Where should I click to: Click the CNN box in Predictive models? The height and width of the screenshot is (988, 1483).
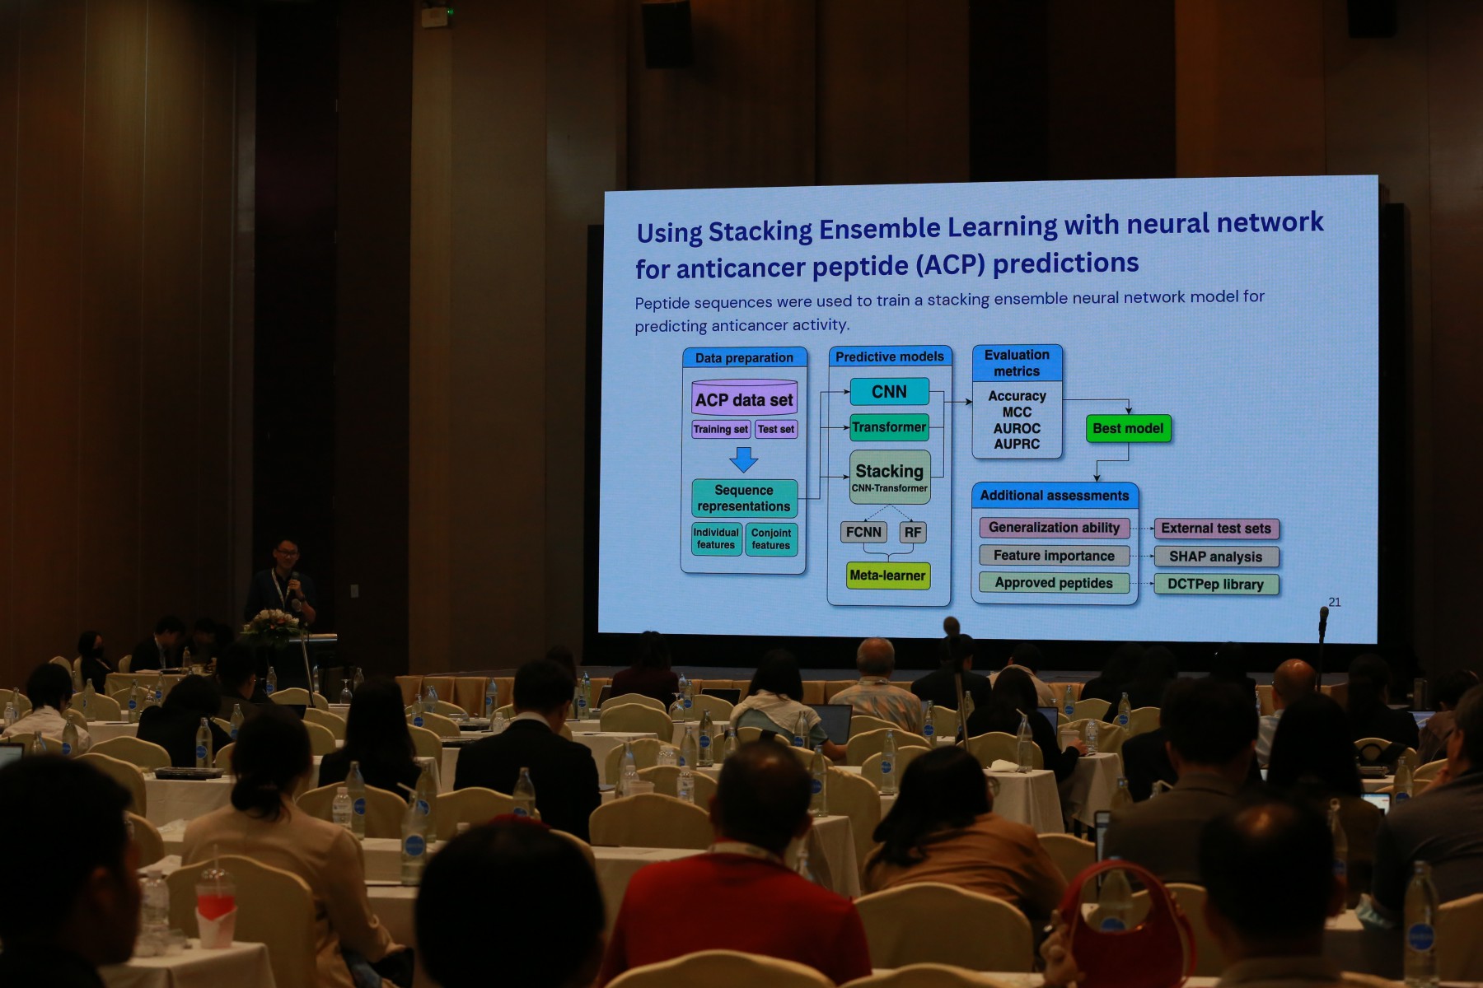coord(889,392)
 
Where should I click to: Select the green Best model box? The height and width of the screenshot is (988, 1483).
coord(1128,428)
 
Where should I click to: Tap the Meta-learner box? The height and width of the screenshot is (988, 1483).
coord(888,576)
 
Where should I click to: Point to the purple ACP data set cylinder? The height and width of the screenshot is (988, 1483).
coord(744,398)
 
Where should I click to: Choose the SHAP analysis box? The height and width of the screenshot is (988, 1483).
coord(1216,557)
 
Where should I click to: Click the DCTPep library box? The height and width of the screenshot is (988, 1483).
coord(1216,584)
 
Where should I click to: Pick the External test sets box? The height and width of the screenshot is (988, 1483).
coord(1216,529)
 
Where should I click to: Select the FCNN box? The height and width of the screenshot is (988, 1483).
coord(863,532)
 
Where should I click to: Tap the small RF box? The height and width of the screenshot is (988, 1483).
coord(913,532)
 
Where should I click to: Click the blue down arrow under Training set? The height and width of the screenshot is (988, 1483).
coord(744,459)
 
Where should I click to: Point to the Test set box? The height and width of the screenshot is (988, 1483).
coord(776,429)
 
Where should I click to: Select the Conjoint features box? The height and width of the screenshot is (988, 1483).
coord(771,539)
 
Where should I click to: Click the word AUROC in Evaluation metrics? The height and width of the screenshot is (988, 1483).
coord(1017,428)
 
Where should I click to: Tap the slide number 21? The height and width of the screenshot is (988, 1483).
coord(1335,602)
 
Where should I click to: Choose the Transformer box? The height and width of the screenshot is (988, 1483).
coord(889,427)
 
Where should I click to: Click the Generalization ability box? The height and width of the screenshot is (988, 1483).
coord(1055,528)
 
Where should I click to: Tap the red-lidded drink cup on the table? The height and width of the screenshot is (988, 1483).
coord(215,906)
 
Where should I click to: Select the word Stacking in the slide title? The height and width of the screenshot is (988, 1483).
coord(760,231)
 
